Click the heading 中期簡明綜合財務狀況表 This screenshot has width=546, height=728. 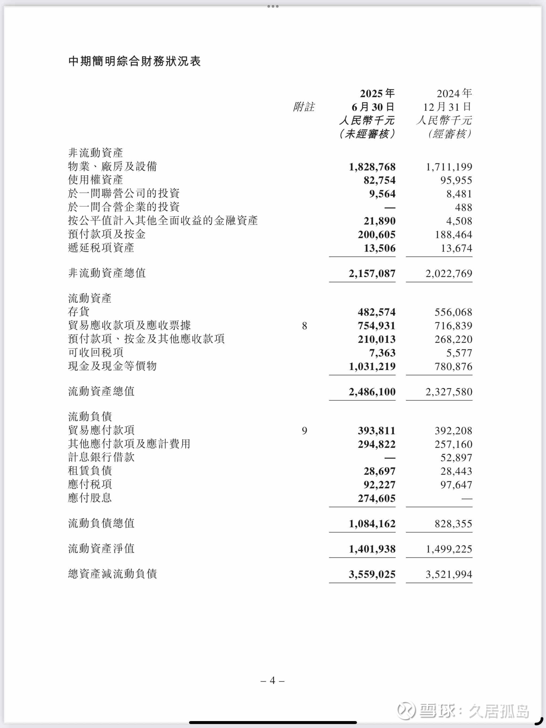click(134, 61)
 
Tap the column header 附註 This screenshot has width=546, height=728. click(304, 107)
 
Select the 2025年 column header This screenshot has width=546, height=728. click(377, 94)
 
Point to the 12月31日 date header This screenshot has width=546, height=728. click(447, 107)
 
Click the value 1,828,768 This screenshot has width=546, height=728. click(372, 167)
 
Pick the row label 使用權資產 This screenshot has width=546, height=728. click(95, 180)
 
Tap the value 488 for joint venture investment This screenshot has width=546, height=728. click(463, 207)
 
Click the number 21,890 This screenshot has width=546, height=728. click(379, 221)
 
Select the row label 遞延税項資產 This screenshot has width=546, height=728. click(101, 248)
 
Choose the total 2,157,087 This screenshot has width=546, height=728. click(372, 273)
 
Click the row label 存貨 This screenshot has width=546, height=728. click(79, 311)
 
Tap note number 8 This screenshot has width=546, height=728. click(304, 326)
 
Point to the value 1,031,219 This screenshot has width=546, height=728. click(372, 366)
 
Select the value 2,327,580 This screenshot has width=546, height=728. click(449, 392)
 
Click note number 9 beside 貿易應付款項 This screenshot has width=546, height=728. click(304, 430)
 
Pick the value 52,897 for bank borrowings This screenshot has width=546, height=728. click(456, 458)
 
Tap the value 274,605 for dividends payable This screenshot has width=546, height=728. click(377, 498)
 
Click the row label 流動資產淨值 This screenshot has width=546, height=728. click(101, 549)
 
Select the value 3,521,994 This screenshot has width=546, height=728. click(449, 574)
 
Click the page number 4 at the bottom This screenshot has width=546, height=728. click(272, 680)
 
